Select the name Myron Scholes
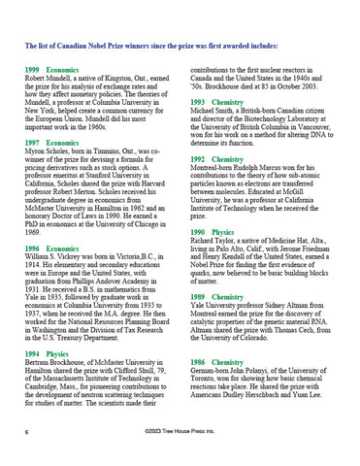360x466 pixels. (48, 150)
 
